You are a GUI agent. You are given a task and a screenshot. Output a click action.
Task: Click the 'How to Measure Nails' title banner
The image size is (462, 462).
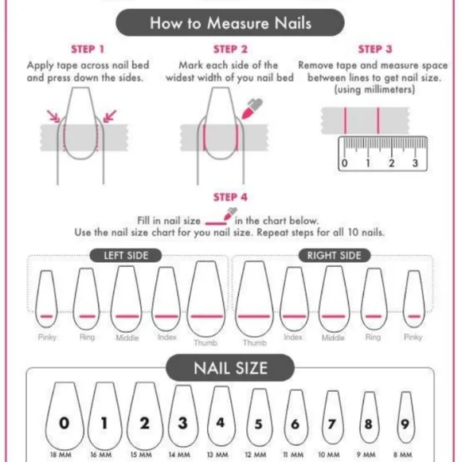230,22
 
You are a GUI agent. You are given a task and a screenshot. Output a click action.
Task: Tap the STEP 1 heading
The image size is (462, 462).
88,49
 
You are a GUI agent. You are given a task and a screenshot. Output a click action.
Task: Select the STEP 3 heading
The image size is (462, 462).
375,49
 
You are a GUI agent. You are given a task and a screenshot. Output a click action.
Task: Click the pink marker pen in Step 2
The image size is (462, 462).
252,108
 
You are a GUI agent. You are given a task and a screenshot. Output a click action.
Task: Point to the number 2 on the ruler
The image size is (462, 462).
391,163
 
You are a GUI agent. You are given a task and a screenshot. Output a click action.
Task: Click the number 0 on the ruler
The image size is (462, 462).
344,163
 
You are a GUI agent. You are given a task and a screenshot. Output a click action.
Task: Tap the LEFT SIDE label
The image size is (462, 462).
126,256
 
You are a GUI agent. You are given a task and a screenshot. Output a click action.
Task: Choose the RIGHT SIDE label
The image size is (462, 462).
334,256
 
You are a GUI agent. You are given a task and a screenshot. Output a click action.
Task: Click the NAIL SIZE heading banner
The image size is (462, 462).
230,368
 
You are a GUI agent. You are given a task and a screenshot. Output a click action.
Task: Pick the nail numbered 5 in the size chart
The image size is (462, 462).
258,417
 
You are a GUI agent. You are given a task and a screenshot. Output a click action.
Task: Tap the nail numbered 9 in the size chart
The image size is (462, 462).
405,417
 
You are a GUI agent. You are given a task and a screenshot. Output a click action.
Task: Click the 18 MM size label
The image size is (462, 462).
61,455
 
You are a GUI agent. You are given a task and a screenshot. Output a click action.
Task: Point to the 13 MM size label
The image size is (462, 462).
217,455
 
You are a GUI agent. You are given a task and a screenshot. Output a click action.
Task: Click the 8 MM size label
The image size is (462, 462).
402,455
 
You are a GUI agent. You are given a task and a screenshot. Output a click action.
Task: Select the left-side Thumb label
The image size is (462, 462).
206,343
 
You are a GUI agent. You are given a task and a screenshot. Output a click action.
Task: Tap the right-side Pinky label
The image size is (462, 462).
413,337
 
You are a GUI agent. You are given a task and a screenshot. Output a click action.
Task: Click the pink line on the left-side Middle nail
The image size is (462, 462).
127,316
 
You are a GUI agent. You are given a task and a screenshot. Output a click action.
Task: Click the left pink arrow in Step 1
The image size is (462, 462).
53,116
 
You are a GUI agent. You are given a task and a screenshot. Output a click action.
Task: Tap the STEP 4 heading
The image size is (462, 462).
230,197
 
